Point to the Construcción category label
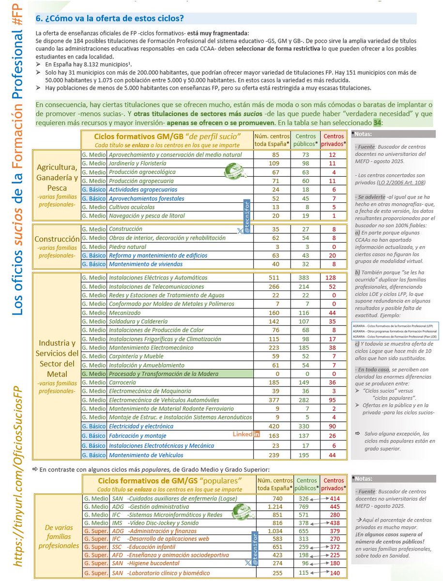[x=57, y=239]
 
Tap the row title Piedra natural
[x=126, y=246]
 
